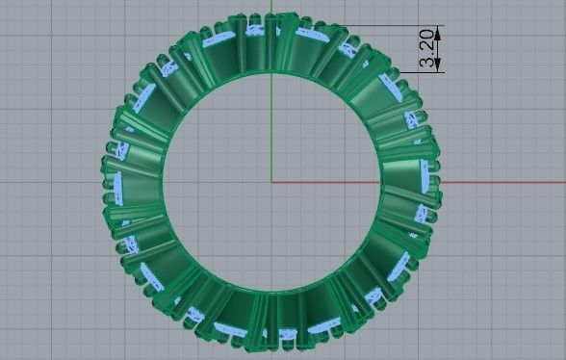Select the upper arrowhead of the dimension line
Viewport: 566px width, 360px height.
[x=438, y=30]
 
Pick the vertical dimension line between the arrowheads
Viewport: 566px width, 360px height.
[x=438, y=47]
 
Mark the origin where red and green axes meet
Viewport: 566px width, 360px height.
[x=272, y=180]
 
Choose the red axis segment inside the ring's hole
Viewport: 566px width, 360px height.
[x=327, y=180]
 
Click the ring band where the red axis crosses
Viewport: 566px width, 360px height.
[x=414, y=180]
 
